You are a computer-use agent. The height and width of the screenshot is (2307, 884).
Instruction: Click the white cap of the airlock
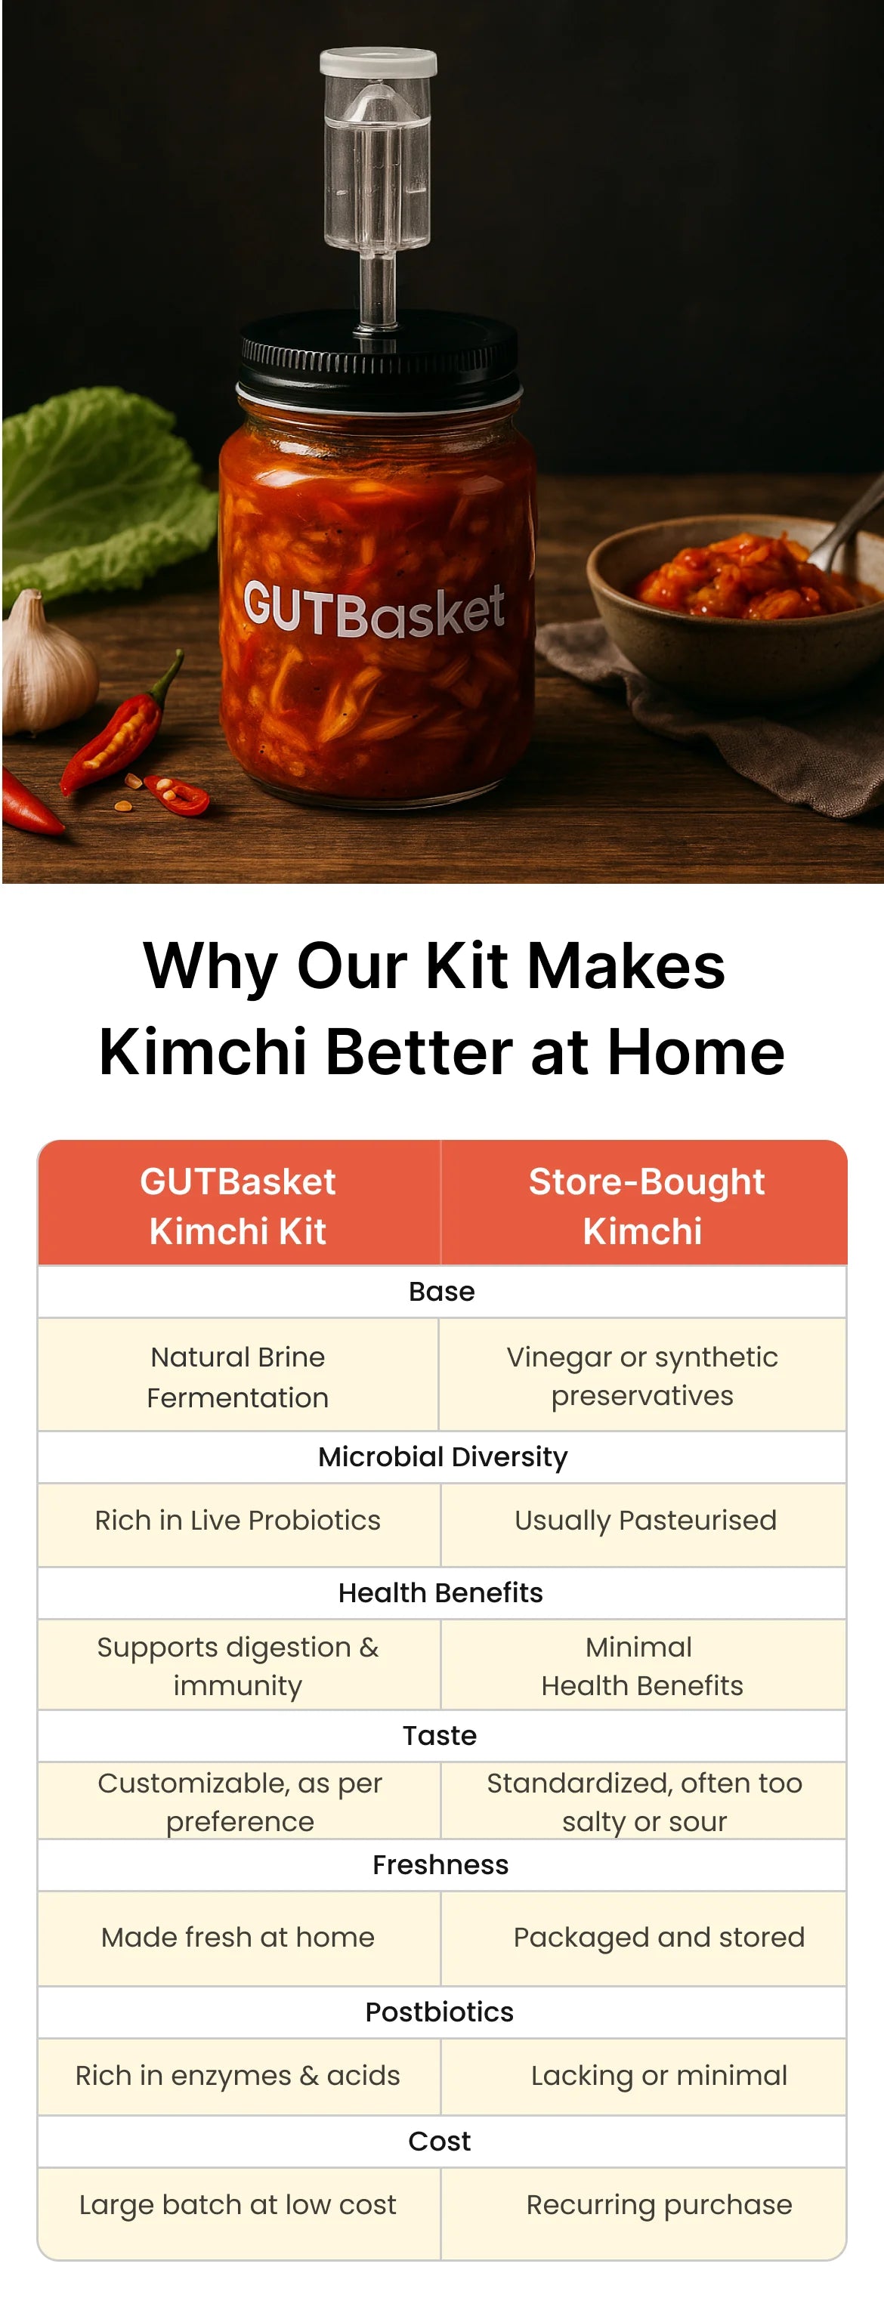[378, 62]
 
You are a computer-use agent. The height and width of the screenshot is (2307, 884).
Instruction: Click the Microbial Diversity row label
[443, 1456]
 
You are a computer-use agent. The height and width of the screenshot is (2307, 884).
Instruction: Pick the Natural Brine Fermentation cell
[237, 1375]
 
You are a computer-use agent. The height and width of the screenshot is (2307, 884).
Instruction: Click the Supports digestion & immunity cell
[238, 1665]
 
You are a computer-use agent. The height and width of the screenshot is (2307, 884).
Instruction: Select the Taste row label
[440, 1736]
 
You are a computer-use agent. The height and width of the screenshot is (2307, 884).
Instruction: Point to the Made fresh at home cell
[238, 1937]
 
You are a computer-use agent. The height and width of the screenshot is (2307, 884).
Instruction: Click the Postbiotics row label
[440, 2012]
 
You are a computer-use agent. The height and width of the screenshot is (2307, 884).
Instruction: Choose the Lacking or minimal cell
[644, 2076]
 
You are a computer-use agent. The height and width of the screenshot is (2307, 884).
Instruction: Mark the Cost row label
[440, 2142]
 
